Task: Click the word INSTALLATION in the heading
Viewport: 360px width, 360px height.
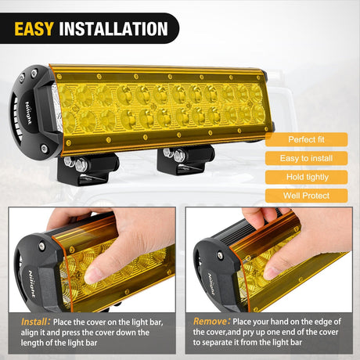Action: [x=114, y=29]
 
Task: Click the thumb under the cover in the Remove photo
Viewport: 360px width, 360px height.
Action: [x=279, y=267]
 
